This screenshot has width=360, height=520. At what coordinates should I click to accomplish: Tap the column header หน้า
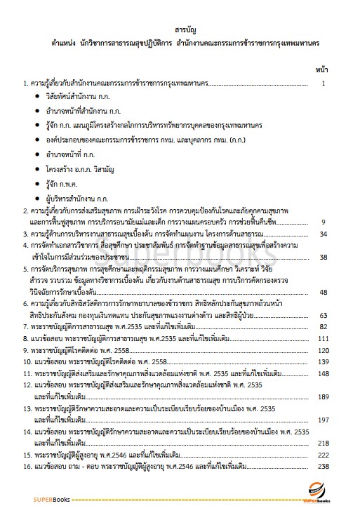324,70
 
